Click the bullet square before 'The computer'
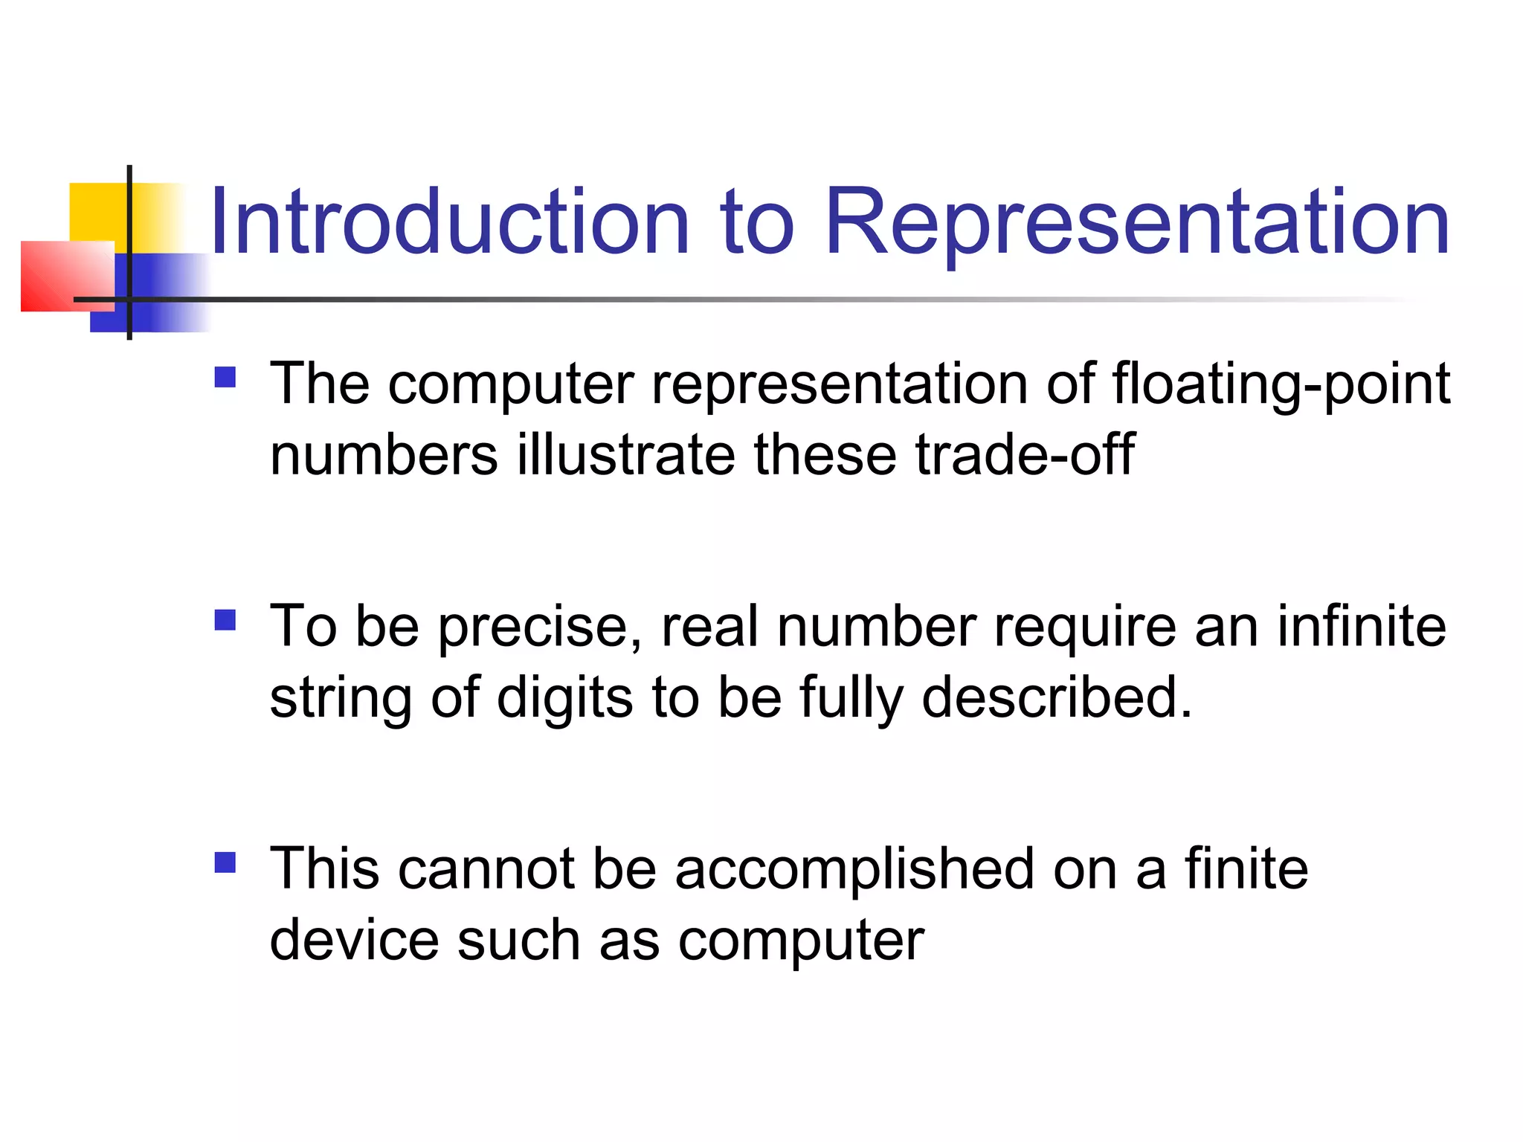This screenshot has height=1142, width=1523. pos(225,378)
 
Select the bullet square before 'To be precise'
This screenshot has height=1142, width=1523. pos(225,620)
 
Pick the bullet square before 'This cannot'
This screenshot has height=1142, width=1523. pos(225,862)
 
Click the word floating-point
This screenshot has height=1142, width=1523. pos(1281,384)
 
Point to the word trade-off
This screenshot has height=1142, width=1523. pos(1025,455)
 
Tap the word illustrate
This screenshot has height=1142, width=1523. pos(625,455)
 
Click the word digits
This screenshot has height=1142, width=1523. pos(565,698)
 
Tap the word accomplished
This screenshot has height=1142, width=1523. pos(854,869)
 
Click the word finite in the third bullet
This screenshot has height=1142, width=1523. pos(1246,869)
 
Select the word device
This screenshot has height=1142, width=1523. pos(354,941)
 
